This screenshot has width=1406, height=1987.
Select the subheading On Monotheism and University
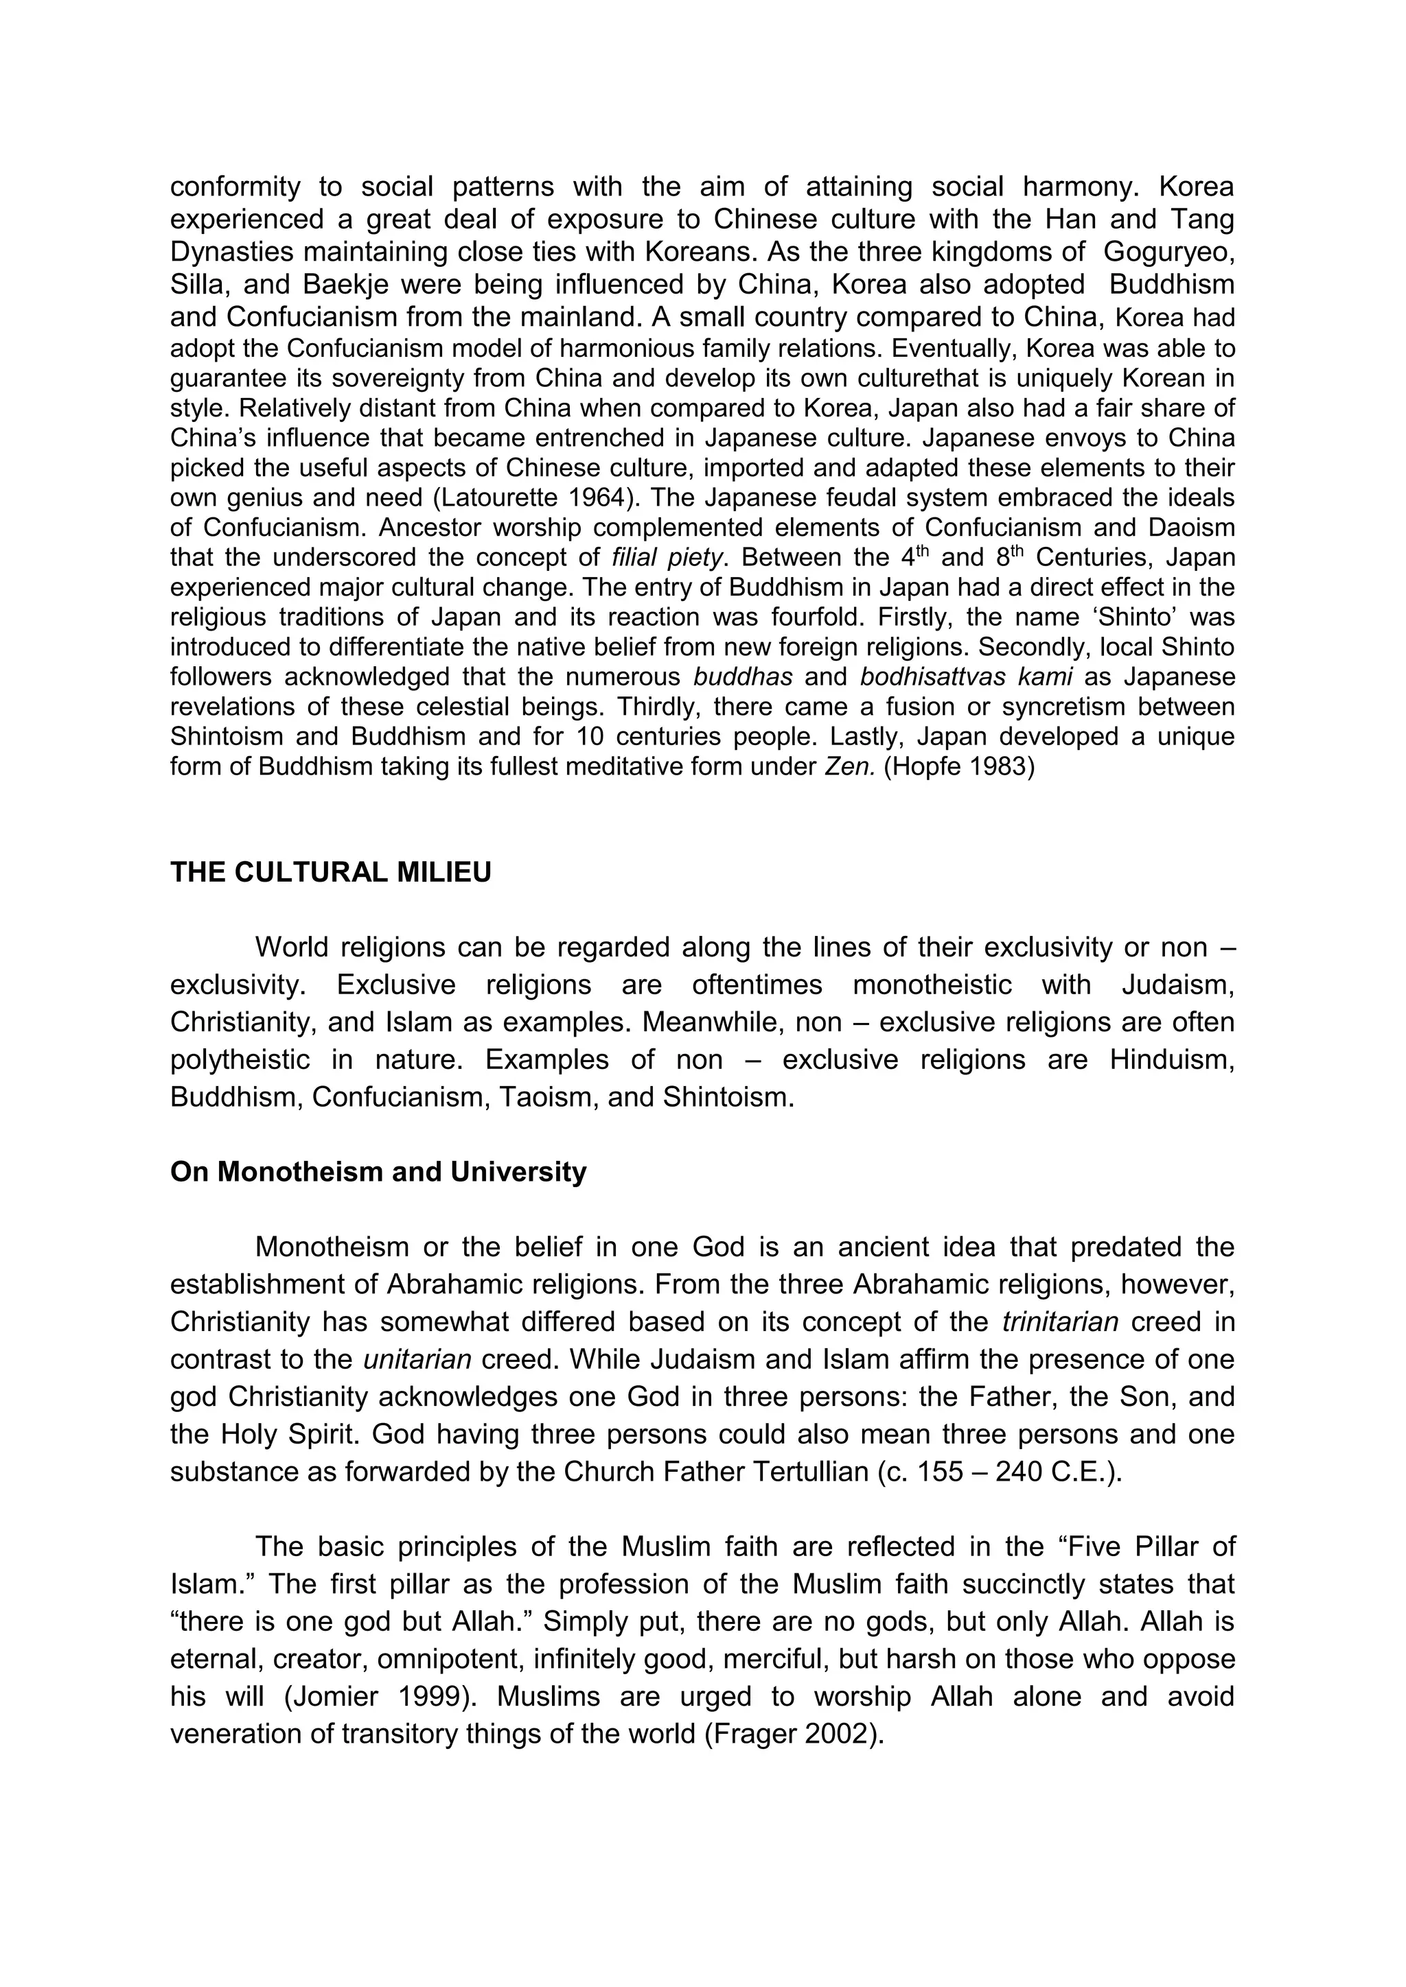click(x=378, y=1172)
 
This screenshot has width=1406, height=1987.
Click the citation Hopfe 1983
click(x=958, y=767)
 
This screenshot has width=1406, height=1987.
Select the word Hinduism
click(x=1171, y=1060)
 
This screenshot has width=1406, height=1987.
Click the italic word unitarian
click(x=417, y=1360)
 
